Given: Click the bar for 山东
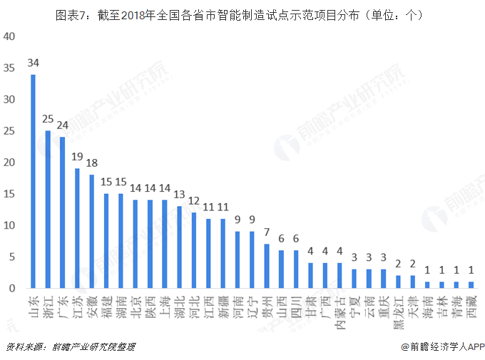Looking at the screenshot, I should click(33, 182).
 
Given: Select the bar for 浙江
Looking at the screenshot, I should click(48, 210).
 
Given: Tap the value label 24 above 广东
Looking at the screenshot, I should click(62, 125).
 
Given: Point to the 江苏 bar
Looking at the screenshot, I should click(77, 228).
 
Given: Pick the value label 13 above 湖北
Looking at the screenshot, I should click(179, 195).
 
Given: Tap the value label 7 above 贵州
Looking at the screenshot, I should click(267, 232).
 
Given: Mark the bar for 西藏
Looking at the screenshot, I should click(471, 284).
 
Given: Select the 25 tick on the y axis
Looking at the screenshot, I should click(9, 131).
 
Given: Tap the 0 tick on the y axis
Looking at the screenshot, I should click(12, 288).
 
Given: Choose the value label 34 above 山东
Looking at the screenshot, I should click(33, 63).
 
